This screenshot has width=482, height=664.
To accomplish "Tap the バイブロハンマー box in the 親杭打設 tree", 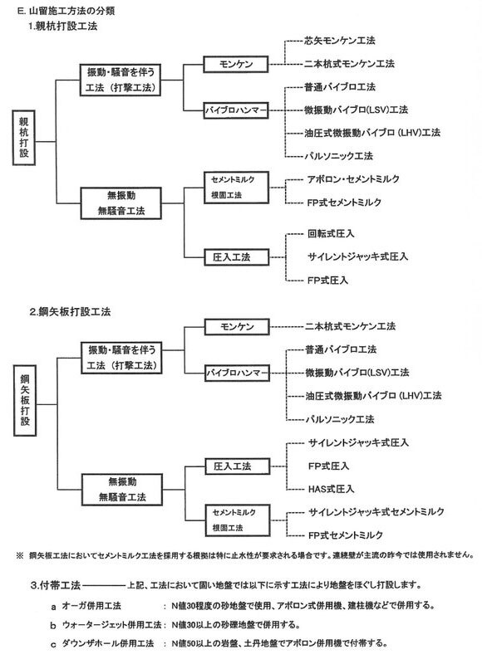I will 237,110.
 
